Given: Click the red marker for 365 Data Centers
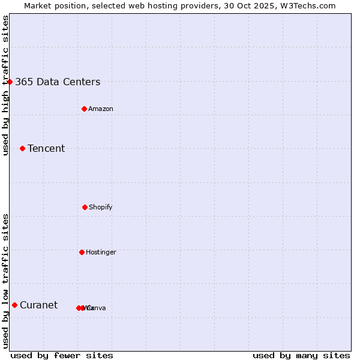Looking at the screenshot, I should (10, 82).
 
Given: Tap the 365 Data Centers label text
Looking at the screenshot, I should (58, 82).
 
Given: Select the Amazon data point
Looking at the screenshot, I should (85, 109).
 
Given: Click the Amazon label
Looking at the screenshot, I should (100, 109).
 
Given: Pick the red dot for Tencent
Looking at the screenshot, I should (23, 148).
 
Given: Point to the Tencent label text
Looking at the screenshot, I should (46, 149).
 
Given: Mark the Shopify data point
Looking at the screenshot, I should (85, 207).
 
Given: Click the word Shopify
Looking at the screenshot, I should (100, 208).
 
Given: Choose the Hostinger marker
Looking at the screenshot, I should (82, 252).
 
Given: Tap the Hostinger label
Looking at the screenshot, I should (101, 253).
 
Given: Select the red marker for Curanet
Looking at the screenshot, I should (14, 305).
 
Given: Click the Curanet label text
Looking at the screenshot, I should (38, 305).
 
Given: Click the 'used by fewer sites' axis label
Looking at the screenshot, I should (62, 355).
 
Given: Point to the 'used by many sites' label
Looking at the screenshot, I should (301, 355).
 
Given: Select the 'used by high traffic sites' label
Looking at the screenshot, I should (6, 85).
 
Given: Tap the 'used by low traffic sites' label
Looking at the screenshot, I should (6, 281).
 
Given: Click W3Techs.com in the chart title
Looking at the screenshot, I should (310, 6).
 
